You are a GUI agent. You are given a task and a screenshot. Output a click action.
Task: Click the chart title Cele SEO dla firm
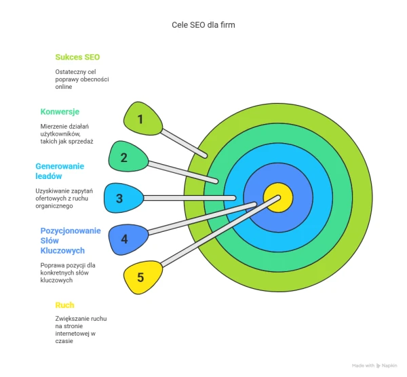point(203,25)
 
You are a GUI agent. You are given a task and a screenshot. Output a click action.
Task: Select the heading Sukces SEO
point(77,57)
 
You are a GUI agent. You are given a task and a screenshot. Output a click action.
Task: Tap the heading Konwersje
point(60,112)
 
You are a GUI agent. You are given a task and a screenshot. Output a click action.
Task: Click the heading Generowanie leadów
point(60,171)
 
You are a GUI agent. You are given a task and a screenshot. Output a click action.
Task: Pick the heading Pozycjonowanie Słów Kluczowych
point(71,241)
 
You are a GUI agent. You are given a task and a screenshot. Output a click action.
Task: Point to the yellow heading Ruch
point(64,305)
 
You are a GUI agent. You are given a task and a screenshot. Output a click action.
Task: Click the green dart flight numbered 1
point(142,118)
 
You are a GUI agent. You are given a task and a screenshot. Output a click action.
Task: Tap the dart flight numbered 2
point(128,157)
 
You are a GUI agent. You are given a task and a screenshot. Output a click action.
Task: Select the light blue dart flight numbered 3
point(123,198)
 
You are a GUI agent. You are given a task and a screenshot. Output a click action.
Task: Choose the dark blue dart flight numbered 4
point(128,239)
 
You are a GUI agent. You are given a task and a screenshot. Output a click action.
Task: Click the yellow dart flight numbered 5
point(142,277)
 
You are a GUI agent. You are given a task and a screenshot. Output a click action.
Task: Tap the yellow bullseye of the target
point(278,198)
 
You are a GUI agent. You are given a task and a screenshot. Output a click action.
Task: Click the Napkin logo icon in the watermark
point(378,366)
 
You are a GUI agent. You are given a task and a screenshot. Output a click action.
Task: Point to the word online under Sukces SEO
point(64,87)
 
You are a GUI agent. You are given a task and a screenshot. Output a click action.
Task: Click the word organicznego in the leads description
point(54,206)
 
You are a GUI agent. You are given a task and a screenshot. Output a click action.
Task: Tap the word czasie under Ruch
point(64,341)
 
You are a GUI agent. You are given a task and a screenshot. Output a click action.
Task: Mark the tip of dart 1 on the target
point(206,156)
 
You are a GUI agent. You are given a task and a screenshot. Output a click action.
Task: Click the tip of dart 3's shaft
point(234,198)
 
